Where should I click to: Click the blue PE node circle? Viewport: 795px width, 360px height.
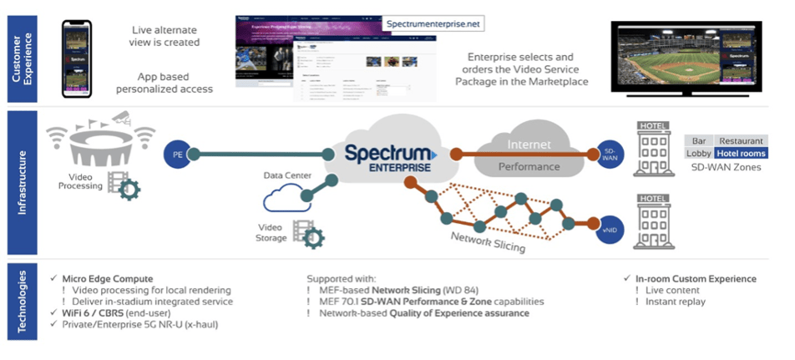coord(178,155)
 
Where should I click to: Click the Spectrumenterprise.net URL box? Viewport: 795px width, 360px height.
coord(434,25)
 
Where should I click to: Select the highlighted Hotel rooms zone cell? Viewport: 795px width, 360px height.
coord(741,154)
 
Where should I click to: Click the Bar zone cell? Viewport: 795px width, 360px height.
coord(699,141)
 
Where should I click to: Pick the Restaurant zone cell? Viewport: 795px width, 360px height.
coord(741,141)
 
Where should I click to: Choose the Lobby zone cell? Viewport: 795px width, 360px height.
coord(699,154)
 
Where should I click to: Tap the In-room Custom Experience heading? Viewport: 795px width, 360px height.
coord(696,279)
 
